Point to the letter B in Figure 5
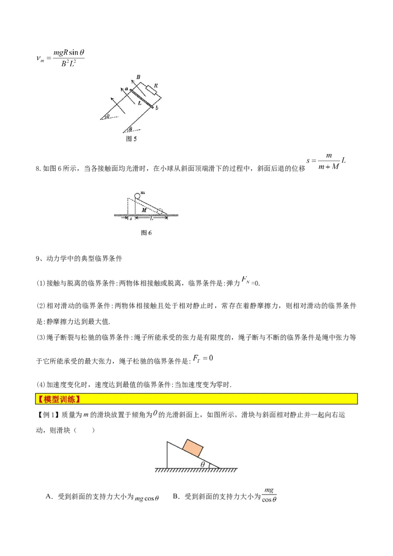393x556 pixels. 139,78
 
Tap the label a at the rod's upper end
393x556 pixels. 126,88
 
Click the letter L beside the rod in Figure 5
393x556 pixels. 140,104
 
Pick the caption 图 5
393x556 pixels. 132,139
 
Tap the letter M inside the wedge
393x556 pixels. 144,210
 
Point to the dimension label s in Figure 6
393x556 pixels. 131,219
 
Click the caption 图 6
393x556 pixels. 146,233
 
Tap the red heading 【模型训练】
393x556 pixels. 59,398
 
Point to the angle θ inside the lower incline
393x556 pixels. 202,464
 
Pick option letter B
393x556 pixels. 175,497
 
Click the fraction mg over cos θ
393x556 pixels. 269,495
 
